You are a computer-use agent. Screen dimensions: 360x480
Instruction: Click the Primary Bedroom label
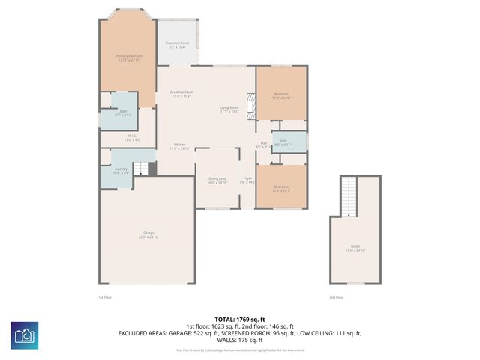click(x=128, y=58)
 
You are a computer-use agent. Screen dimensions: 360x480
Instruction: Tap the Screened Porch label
click(x=177, y=45)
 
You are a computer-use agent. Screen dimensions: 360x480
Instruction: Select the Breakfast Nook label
click(x=182, y=94)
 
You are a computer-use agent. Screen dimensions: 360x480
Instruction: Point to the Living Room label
click(x=229, y=109)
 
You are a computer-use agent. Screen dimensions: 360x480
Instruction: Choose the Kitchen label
click(x=180, y=145)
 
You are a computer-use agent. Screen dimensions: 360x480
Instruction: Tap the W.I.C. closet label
click(x=131, y=138)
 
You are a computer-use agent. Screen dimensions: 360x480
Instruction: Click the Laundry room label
click(x=121, y=171)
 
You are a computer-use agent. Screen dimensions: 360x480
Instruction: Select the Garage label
click(x=148, y=234)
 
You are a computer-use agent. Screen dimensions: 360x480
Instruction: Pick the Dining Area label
click(x=217, y=181)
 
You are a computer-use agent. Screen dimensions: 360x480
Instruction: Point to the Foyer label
click(x=247, y=181)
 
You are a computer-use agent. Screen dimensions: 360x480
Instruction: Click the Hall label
click(x=263, y=145)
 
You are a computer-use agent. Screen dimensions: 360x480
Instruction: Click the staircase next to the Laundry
click(x=140, y=169)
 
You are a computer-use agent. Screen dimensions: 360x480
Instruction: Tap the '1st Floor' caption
click(x=105, y=298)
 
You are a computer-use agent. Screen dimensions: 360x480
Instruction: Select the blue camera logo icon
click(x=25, y=334)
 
